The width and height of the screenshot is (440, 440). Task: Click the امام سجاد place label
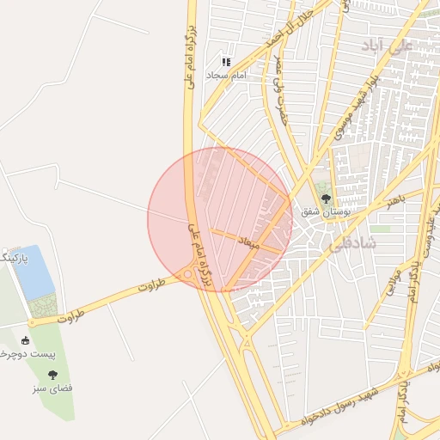pyautogui.click(x=226, y=76)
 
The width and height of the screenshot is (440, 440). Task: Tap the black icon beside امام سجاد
pyautogui.click(x=226, y=62)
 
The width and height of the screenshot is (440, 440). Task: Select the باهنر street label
pyautogui.click(x=394, y=200)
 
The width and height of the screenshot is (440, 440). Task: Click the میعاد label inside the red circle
pyautogui.click(x=247, y=243)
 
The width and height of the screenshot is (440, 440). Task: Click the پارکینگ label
pyautogui.click(x=15, y=257)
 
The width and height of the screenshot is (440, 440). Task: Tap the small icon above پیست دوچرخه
pyautogui.click(x=24, y=340)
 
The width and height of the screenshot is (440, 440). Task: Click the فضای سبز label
pyautogui.click(x=53, y=388)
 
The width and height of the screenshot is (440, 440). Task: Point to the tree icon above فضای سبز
pyautogui.click(x=53, y=374)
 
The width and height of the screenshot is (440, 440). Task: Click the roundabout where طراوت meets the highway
pyautogui.click(x=187, y=275)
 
